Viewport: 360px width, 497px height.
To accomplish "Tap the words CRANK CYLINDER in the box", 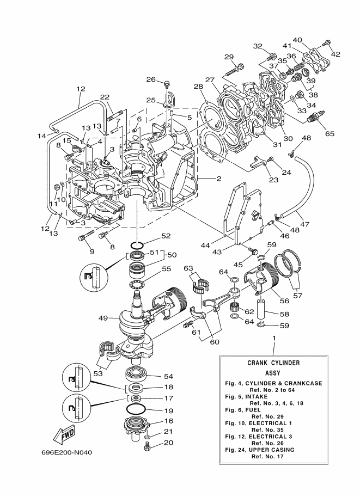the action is point(273,363).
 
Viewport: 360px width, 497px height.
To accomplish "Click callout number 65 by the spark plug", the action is point(330,133).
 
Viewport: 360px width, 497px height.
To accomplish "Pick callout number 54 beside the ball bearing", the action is point(168,376).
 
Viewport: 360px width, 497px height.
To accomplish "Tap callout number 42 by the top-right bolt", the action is point(335,54).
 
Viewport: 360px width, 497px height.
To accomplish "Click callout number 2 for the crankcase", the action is point(218,179).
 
